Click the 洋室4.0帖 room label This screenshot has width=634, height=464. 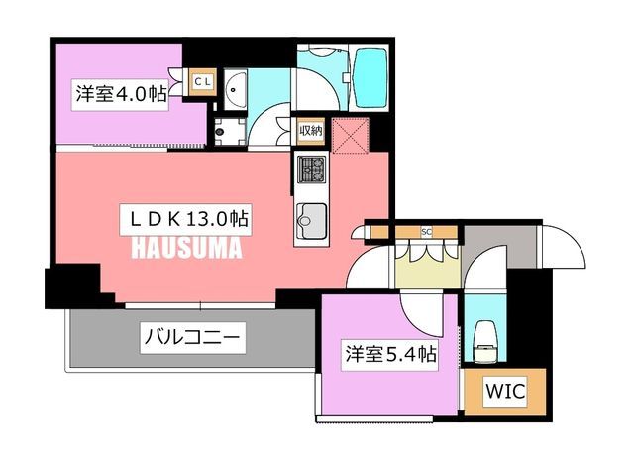pos(120,95)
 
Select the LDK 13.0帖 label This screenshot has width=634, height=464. pos(186,220)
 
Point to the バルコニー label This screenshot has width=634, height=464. pos(193,338)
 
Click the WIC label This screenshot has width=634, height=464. pos(505,392)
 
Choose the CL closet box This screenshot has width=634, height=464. pos(202,82)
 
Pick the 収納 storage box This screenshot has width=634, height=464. pos(311,131)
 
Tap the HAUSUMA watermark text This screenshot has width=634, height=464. pos(186,248)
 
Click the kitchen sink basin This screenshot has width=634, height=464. pos(312,221)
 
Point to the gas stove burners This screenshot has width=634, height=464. pos(312,170)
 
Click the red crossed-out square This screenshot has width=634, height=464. pos(350,136)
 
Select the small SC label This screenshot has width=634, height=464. pos(426,232)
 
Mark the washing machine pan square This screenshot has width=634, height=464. pos(230,132)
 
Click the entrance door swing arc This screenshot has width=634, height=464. pos(564,246)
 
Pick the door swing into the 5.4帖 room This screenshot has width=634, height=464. pos(420,316)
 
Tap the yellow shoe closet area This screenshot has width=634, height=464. pos(427,266)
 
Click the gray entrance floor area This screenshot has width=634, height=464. pos(500,246)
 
